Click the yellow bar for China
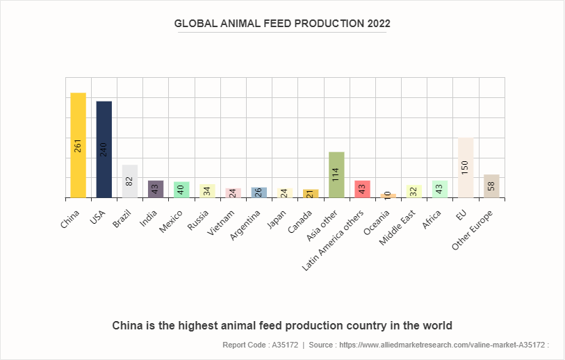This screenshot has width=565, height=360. coord(78,145)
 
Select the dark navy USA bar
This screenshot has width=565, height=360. coord(104,149)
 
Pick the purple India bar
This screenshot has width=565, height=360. coord(156,189)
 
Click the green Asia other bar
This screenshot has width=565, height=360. coord(336,174)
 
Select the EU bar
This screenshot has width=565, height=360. coord(465,167)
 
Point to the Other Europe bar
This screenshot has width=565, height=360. coord(491,186)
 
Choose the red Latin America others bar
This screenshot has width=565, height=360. coord(362,189)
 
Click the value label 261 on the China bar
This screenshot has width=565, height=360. coord(78,145)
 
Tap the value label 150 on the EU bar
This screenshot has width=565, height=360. coord(466,167)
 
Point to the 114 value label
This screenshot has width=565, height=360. coord(336,174)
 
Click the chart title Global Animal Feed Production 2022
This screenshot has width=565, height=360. coord(282,23)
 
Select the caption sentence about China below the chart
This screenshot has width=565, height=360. coord(282,325)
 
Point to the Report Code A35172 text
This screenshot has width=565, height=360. coord(260,345)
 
